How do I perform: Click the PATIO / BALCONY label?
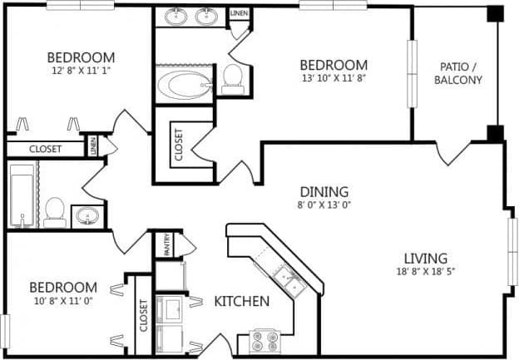tap(460, 74)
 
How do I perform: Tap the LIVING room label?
tap(426, 258)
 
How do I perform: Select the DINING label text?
tap(325, 191)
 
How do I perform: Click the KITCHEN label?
tap(242, 301)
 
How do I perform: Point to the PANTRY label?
tap(166, 244)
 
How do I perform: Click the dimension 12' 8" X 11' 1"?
tap(80, 72)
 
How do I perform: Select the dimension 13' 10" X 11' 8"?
tap(334, 79)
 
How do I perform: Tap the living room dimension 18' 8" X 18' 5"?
tap(426, 271)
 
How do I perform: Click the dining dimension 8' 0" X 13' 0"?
tap(325, 205)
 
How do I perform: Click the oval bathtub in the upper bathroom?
tap(183, 85)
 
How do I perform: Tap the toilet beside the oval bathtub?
tap(232, 79)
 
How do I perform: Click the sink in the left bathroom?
tap(87, 218)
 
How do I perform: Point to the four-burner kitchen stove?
tap(265, 341)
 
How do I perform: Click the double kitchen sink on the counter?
tap(289, 280)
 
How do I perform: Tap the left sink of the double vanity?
tap(176, 16)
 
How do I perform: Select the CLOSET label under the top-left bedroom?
tap(45, 149)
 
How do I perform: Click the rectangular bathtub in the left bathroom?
tap(22, 195)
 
